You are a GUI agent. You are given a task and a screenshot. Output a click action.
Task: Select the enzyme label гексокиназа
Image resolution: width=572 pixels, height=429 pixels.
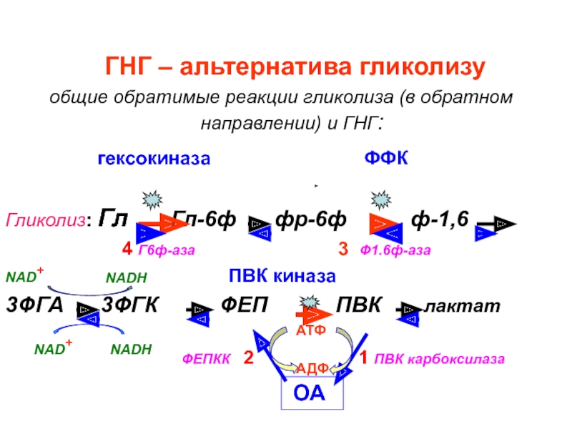(x=154, y=159)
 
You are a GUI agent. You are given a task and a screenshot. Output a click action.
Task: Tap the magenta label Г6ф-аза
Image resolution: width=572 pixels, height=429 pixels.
(x=167, y=250)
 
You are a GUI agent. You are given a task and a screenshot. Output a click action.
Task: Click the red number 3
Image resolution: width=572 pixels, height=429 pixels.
(x=343, y=250)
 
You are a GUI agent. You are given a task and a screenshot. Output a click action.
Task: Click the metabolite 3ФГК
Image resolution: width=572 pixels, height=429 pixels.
(x=130, y=306)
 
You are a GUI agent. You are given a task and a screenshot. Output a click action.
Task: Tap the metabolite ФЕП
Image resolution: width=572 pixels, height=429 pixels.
(x=245, y=306)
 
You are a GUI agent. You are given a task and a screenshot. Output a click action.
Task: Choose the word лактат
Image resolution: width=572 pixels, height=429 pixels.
(x=463, y=307)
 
